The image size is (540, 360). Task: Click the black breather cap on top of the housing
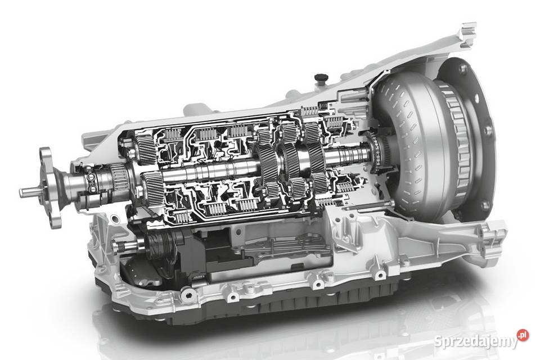(x=320, y=78)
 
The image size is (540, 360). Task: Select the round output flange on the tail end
(x=49, y=188)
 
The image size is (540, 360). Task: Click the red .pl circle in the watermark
(x=523, y=335)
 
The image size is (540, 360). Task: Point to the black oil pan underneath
(x=262, y=303)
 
